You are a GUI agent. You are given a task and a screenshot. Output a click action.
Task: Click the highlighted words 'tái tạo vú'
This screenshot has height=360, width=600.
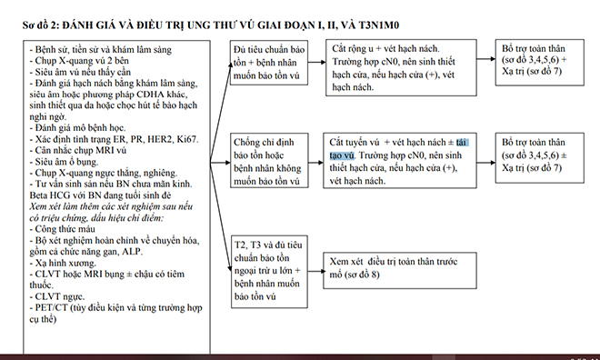(450, 150)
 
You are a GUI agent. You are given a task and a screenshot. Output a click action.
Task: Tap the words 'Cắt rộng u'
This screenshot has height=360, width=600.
(358, 45)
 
